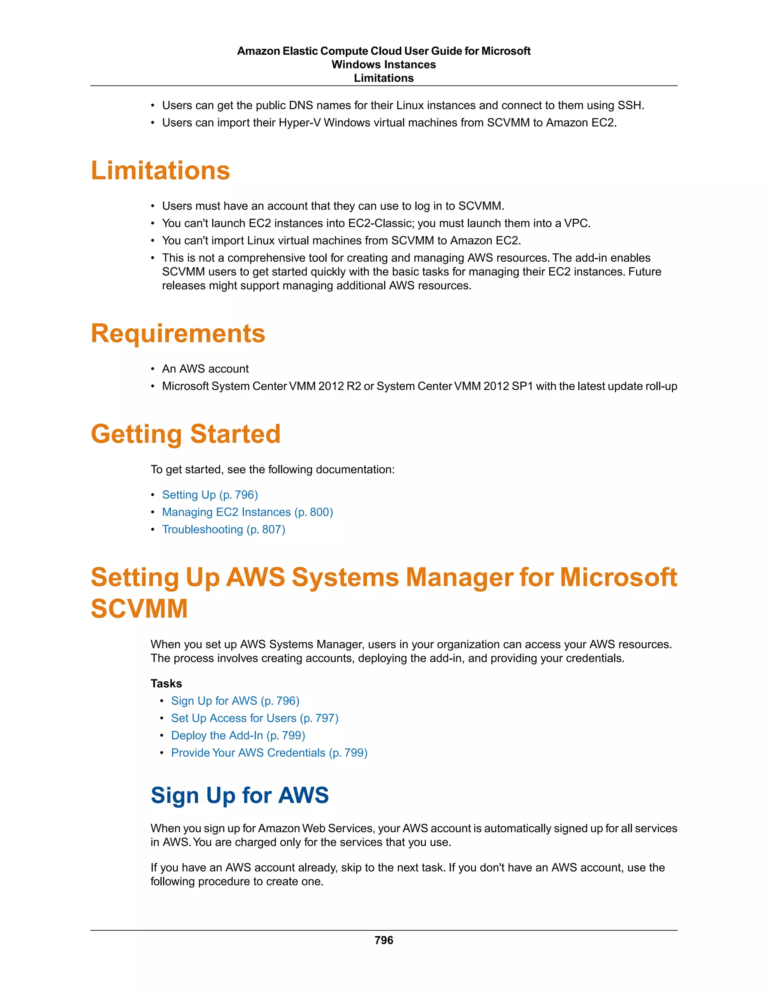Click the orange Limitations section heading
tap(160, 170)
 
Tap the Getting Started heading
tap(186, 434)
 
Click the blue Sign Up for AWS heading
tap(239, 795)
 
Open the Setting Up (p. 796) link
tap(210, 495)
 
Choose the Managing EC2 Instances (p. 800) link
tap(247, 512)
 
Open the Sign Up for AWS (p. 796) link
tap(235, 701)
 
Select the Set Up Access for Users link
tap(254, 718)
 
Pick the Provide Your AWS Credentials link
tap(269, 752)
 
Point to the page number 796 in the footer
tap(384, 940)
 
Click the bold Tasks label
tap(166, 683)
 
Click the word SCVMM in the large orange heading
tap(139, 609)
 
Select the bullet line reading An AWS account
tap(205, 369)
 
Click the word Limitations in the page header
tap(384, 78)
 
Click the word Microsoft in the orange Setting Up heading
tap(618, 577)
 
